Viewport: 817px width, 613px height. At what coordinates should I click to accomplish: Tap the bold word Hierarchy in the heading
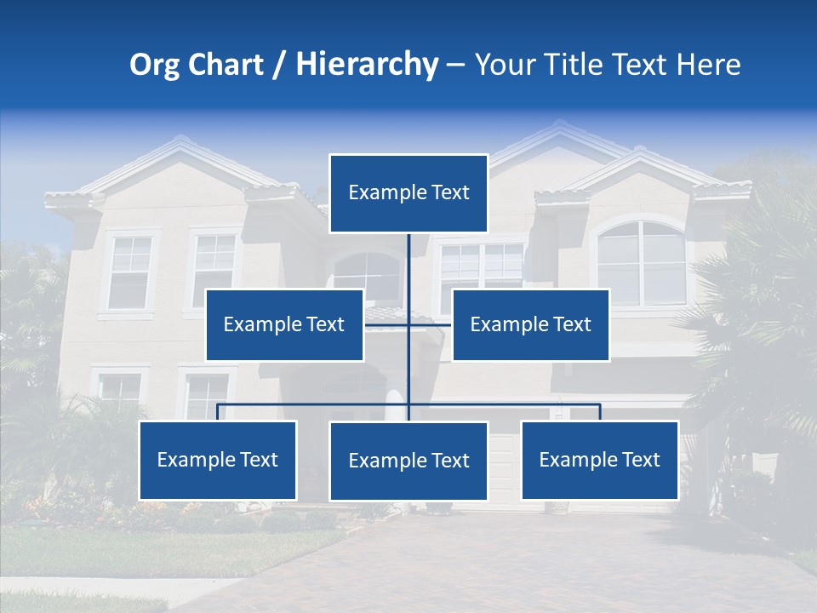click(x=366, y=65)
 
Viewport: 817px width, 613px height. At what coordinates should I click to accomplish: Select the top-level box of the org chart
click(x=408, y=193)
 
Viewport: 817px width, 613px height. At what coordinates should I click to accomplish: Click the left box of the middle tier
click(x=284, y=324)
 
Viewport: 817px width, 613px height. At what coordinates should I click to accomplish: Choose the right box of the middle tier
click(x=530, y=324)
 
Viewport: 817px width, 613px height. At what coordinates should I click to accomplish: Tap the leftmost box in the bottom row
click(x=218, y=460)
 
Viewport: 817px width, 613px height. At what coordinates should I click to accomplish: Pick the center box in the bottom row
click(x=408, y=461)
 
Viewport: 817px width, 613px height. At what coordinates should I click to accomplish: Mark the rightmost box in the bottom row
click(x=599, y=460)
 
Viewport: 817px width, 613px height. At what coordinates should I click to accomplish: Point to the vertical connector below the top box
click(x=408, y=264)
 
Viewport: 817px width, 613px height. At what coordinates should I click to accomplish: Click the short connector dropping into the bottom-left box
click(x=218, y=412)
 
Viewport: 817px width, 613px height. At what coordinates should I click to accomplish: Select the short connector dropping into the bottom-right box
click(x=600, y=412)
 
